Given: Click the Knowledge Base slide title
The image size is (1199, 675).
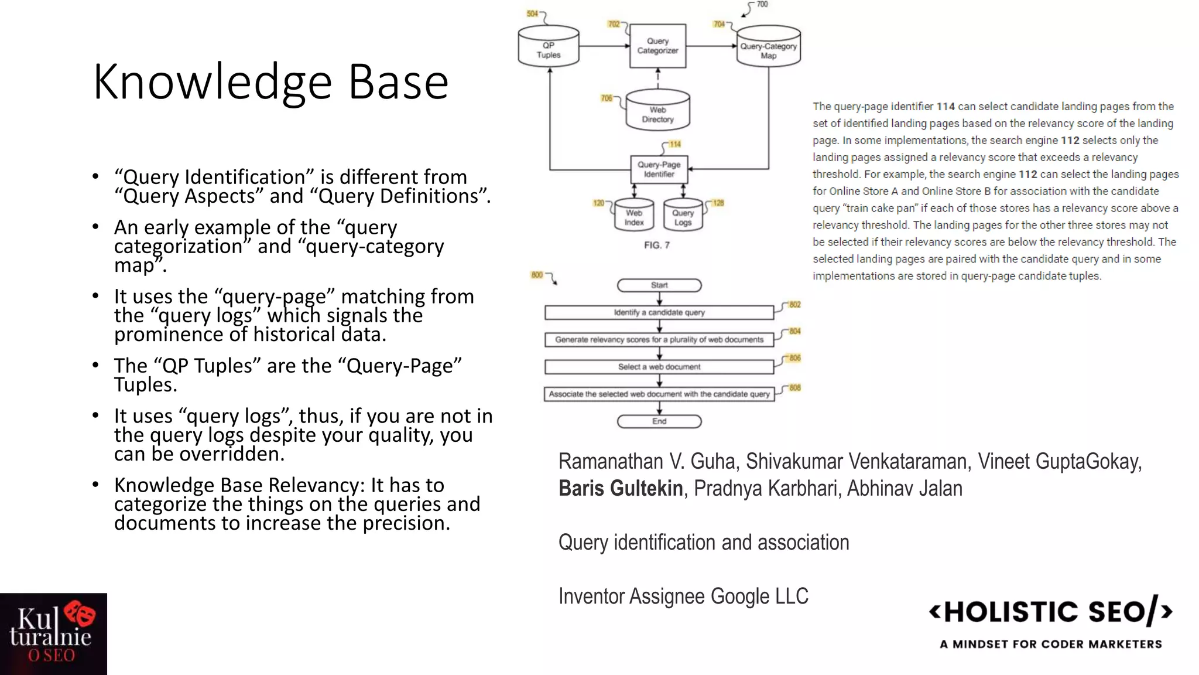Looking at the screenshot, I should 270,82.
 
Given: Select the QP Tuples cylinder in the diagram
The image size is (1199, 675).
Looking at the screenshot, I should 549,47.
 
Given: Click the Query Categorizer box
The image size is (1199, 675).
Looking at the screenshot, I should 657,46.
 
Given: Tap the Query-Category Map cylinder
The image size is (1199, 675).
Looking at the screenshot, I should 768,47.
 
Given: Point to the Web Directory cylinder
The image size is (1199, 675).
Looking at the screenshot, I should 657,111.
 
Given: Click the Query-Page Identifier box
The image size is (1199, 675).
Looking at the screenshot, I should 659,169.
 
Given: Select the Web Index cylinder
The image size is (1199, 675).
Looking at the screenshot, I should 634,216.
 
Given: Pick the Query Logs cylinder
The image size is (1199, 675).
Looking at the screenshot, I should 683,216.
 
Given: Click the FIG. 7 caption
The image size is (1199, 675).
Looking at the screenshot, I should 656,245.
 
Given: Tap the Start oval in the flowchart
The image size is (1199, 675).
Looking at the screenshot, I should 659,285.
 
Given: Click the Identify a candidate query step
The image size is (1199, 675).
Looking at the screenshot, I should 659,312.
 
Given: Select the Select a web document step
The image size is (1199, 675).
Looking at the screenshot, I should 659,367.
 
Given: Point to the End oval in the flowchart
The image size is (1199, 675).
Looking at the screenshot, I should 659,421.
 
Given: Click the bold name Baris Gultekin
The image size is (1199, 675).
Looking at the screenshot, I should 621,488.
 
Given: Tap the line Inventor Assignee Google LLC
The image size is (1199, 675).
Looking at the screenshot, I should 683,596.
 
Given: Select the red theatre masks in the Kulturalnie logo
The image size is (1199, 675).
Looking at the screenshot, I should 80,613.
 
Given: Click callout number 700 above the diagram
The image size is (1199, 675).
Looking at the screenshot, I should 762,5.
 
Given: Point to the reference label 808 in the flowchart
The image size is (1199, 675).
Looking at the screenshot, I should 794,388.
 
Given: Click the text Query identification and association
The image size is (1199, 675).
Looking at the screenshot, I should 704,542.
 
